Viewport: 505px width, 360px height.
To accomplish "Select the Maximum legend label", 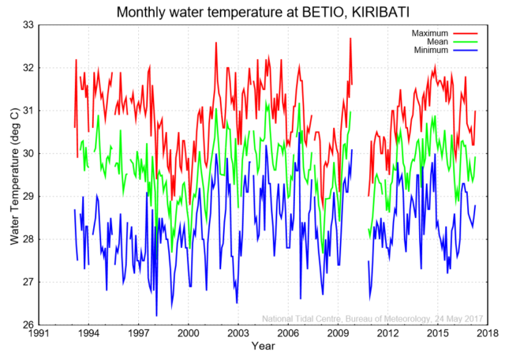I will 431,32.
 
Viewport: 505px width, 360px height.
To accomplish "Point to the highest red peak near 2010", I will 350,38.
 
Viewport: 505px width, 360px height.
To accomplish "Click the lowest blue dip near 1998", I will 156,316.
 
